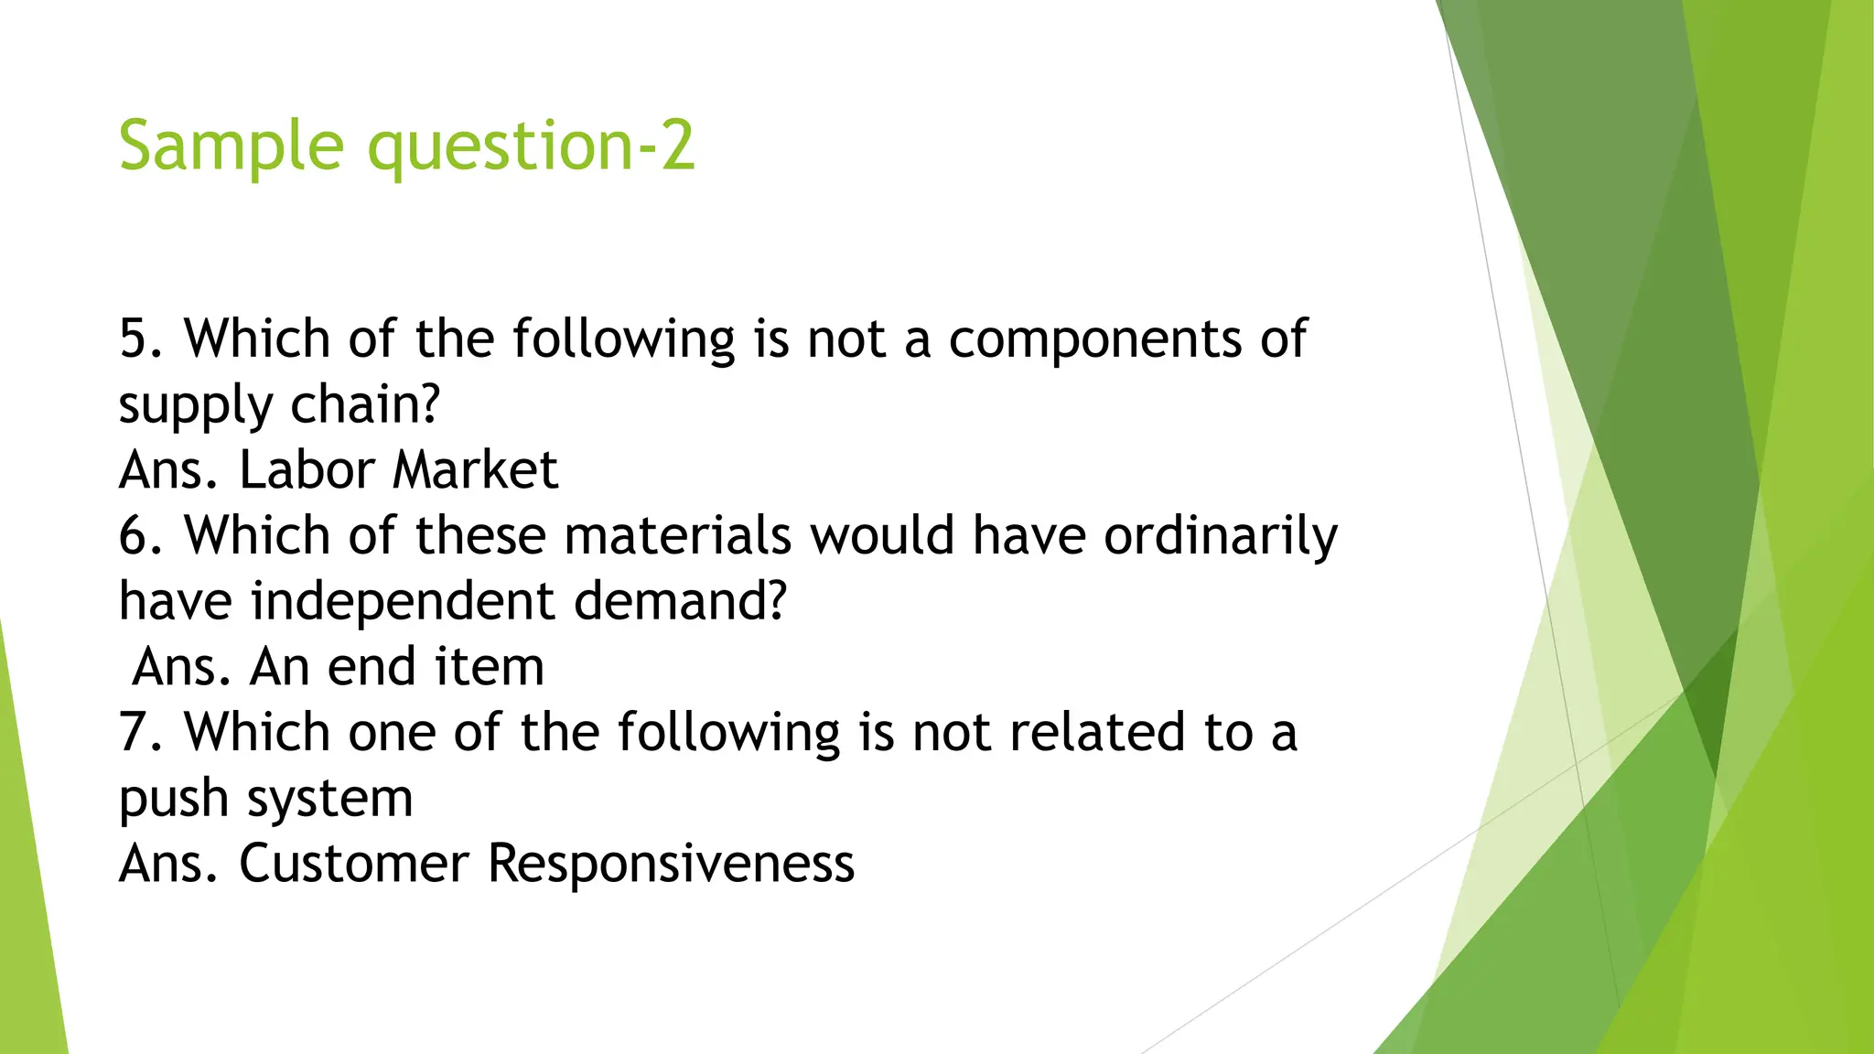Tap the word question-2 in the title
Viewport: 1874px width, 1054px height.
[x=531, y=146]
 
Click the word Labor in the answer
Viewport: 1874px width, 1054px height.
[x=307, y=470]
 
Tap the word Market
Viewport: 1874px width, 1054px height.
[x=475, y=470]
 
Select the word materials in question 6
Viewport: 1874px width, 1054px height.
[x=677, y=535]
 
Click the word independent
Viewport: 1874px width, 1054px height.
[x=403, y=601]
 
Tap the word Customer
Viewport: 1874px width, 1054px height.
[x=353, y=863]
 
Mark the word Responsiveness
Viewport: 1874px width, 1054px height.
[x=671, y=863]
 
